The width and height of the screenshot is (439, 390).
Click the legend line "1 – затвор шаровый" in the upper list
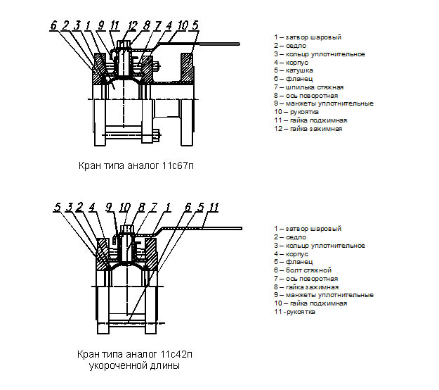(x=308, y=37)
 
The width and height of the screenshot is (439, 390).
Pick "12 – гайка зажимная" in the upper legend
(x=308, y=129)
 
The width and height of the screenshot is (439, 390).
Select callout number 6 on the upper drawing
(x=53, y=25)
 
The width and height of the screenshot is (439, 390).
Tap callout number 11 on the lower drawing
(x=214, y=206)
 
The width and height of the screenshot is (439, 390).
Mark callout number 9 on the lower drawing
(x=109, y=206)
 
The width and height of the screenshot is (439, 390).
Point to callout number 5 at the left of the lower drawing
(x=57, y=206)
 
